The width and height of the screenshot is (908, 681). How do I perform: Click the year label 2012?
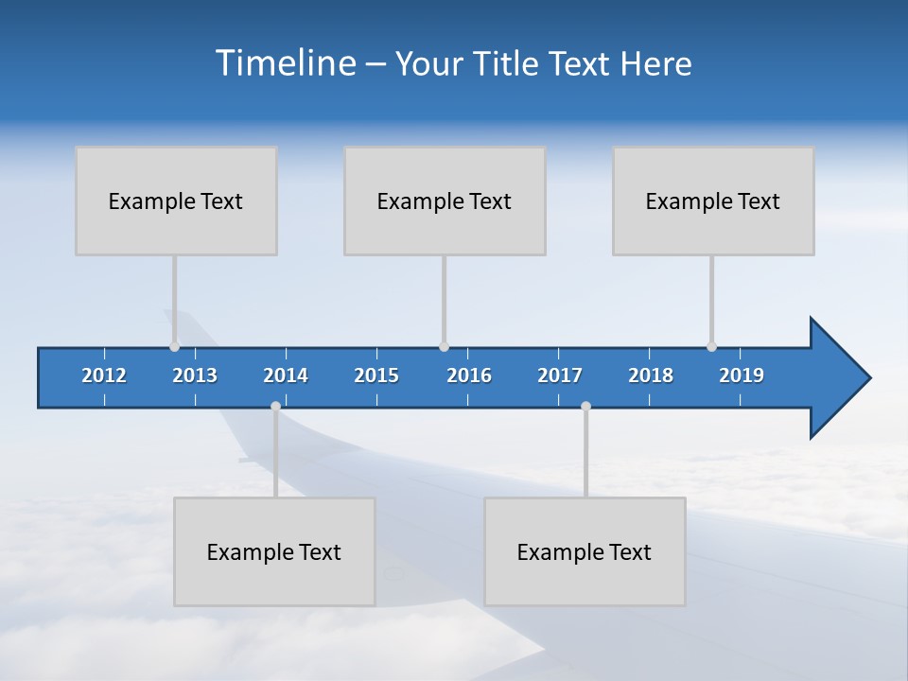point(104,375)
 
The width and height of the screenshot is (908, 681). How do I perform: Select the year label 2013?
point(195,375)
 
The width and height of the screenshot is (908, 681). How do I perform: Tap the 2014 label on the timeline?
point(286,375)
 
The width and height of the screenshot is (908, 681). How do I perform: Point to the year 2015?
point(376,375)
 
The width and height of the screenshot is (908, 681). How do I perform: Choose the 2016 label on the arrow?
point(469,375)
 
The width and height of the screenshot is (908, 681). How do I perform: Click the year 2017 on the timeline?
point(560,375)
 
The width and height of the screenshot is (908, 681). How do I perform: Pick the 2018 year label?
point(651,375)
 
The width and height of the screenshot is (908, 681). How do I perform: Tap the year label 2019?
point(742,375)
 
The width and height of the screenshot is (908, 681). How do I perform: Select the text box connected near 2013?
point(176,201)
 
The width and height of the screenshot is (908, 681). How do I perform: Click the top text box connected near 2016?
point(445,201)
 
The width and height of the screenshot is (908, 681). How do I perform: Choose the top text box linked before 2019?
point(713,201)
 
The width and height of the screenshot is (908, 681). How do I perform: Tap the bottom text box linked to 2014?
point(274,551)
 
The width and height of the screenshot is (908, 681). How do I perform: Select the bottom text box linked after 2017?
point(585,551)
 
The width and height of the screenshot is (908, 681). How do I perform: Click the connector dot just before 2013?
point(174,346)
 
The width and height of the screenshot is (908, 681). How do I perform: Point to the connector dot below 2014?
point(275,407)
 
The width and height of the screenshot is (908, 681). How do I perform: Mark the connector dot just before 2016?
point(444,346)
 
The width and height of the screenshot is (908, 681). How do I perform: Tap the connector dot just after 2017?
point(585,407)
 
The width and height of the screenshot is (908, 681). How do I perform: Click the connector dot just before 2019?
point(711,346)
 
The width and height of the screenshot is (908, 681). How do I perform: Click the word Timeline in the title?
point(286,63)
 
